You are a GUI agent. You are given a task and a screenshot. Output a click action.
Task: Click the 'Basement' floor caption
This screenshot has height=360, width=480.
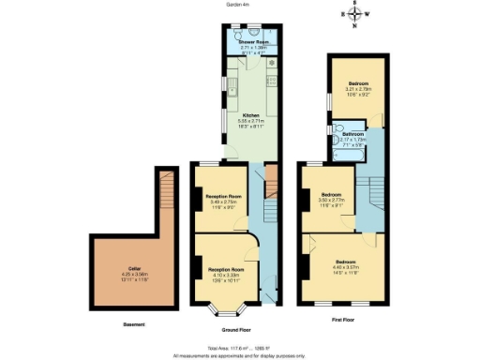(x=134, y=324)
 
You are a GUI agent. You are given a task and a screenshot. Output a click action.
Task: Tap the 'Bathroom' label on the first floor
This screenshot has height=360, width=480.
(x=353, y=134)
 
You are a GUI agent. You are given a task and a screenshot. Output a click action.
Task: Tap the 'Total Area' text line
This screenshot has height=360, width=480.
(x=240, y=348)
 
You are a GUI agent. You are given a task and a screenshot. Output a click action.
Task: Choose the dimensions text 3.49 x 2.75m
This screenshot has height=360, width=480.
(x=221, y=202)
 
